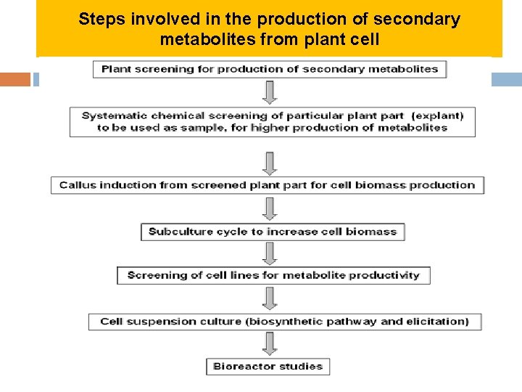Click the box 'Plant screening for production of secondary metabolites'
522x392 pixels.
270,70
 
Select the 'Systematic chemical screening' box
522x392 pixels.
273,122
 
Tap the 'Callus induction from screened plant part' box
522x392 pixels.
267,185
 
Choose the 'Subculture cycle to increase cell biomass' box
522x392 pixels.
273,232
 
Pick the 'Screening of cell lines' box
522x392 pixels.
273,276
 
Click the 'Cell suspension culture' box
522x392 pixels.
285,322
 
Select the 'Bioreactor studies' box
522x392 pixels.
268,367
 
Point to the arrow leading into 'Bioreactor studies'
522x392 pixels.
270,343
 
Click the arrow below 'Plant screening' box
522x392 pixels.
270,92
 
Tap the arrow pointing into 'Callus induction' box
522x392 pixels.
270,163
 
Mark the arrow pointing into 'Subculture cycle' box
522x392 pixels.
270,208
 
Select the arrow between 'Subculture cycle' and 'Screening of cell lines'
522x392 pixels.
270,253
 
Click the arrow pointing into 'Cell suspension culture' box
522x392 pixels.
270,298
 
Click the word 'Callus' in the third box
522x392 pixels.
78,185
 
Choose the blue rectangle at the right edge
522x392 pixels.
506,79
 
